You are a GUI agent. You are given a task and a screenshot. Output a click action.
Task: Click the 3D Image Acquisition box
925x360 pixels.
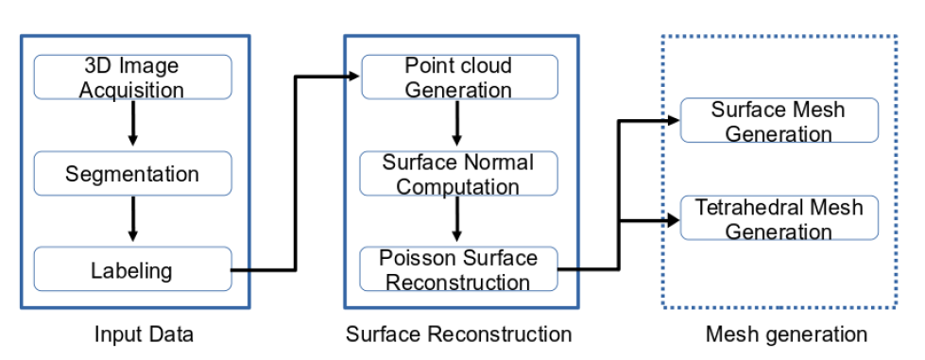click(132, 77)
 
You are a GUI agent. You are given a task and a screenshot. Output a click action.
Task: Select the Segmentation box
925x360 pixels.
click(132, 174)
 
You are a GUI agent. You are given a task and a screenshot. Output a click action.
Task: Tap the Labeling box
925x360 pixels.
click(132, 270)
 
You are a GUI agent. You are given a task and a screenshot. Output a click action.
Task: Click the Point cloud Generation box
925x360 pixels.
click(458, 77)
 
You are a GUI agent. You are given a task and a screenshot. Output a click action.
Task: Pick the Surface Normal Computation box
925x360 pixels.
click(458, 174)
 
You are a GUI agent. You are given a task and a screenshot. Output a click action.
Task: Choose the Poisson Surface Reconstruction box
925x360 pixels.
click(458, 270)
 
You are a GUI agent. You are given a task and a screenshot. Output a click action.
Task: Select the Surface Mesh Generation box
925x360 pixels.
click(779, 121)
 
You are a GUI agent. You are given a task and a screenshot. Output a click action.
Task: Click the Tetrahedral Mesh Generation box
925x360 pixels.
click(779, 218)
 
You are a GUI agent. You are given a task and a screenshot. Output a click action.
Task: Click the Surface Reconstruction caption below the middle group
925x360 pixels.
click(458, 334)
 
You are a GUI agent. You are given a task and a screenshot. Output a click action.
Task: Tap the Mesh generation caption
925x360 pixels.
click(786, 334)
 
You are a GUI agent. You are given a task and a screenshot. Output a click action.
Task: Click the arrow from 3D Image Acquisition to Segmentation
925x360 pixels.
click(132, 124)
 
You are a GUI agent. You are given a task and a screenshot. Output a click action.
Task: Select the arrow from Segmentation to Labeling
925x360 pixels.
click(132, 220)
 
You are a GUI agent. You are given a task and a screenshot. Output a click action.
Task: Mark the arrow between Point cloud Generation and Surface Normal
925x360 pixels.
click(458, 124)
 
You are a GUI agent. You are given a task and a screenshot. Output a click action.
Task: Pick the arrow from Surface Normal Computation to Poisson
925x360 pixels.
click(458, 220)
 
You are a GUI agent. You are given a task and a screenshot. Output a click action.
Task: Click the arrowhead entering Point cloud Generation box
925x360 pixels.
click(351, 77)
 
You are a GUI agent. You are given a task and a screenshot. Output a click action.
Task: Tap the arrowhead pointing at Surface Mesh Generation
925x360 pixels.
click(672, 121)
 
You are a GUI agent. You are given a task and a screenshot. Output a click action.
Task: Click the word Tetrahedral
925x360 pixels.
click(740, 207)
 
